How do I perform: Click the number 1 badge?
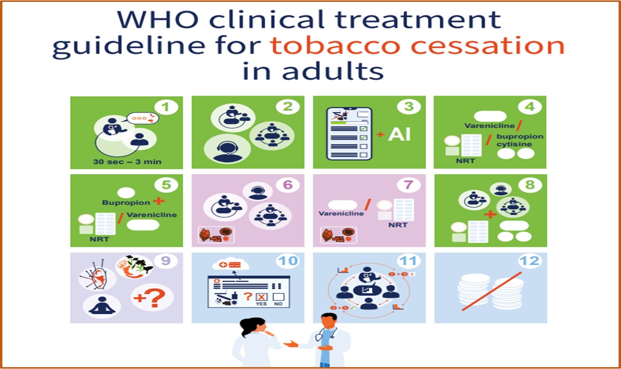166,107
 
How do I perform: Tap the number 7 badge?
408,185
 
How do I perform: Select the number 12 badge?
530,261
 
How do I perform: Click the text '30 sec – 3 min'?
127,161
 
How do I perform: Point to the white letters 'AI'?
399,135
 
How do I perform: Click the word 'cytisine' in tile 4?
514,144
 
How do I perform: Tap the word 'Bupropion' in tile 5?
126,202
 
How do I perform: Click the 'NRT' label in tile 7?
398,225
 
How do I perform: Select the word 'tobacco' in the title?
335,46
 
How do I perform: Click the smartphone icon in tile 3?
349,133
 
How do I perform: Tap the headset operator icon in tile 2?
227,149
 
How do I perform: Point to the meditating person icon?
102,306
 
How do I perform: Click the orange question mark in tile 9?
158,298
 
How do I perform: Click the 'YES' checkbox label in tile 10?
261,304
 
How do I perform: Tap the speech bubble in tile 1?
143,118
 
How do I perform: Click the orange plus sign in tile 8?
490,214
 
